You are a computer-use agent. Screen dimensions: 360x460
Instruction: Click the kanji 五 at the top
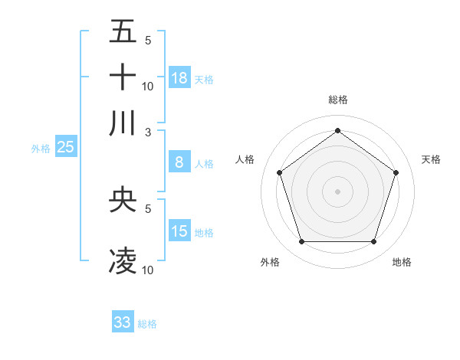tap(123, 31)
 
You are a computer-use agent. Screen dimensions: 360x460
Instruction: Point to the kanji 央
tap(123, 200)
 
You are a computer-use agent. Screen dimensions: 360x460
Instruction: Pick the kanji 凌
tap(123, 261)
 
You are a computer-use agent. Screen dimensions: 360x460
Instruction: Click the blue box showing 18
tap(179, 78)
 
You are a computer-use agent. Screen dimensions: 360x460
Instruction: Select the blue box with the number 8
tap(179, 162)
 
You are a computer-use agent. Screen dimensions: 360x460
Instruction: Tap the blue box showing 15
tap(179, 231)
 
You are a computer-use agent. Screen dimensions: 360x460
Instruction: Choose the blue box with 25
tap(65, 148)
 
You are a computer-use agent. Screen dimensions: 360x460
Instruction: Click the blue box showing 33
tap(123, 322)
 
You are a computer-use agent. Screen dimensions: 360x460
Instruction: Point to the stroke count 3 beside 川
tap(148, 131)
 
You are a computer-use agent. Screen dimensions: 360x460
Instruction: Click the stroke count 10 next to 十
tap(148, 86)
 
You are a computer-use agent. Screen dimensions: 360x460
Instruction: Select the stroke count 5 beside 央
tap(148, 208)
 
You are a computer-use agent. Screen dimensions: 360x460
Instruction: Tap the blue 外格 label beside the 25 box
tap(41, 149)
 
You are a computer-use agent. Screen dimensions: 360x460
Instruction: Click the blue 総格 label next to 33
tap(147, 324)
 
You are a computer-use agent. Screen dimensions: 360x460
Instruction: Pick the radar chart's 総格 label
tap(337, 100)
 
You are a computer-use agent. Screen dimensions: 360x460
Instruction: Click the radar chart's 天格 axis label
tap(431, 159)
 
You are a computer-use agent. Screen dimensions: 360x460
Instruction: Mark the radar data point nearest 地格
tap(373, 242)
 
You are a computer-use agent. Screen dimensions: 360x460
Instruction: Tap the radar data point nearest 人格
tap(279, 172)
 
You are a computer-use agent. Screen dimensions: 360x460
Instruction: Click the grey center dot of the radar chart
tap(337, 191)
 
